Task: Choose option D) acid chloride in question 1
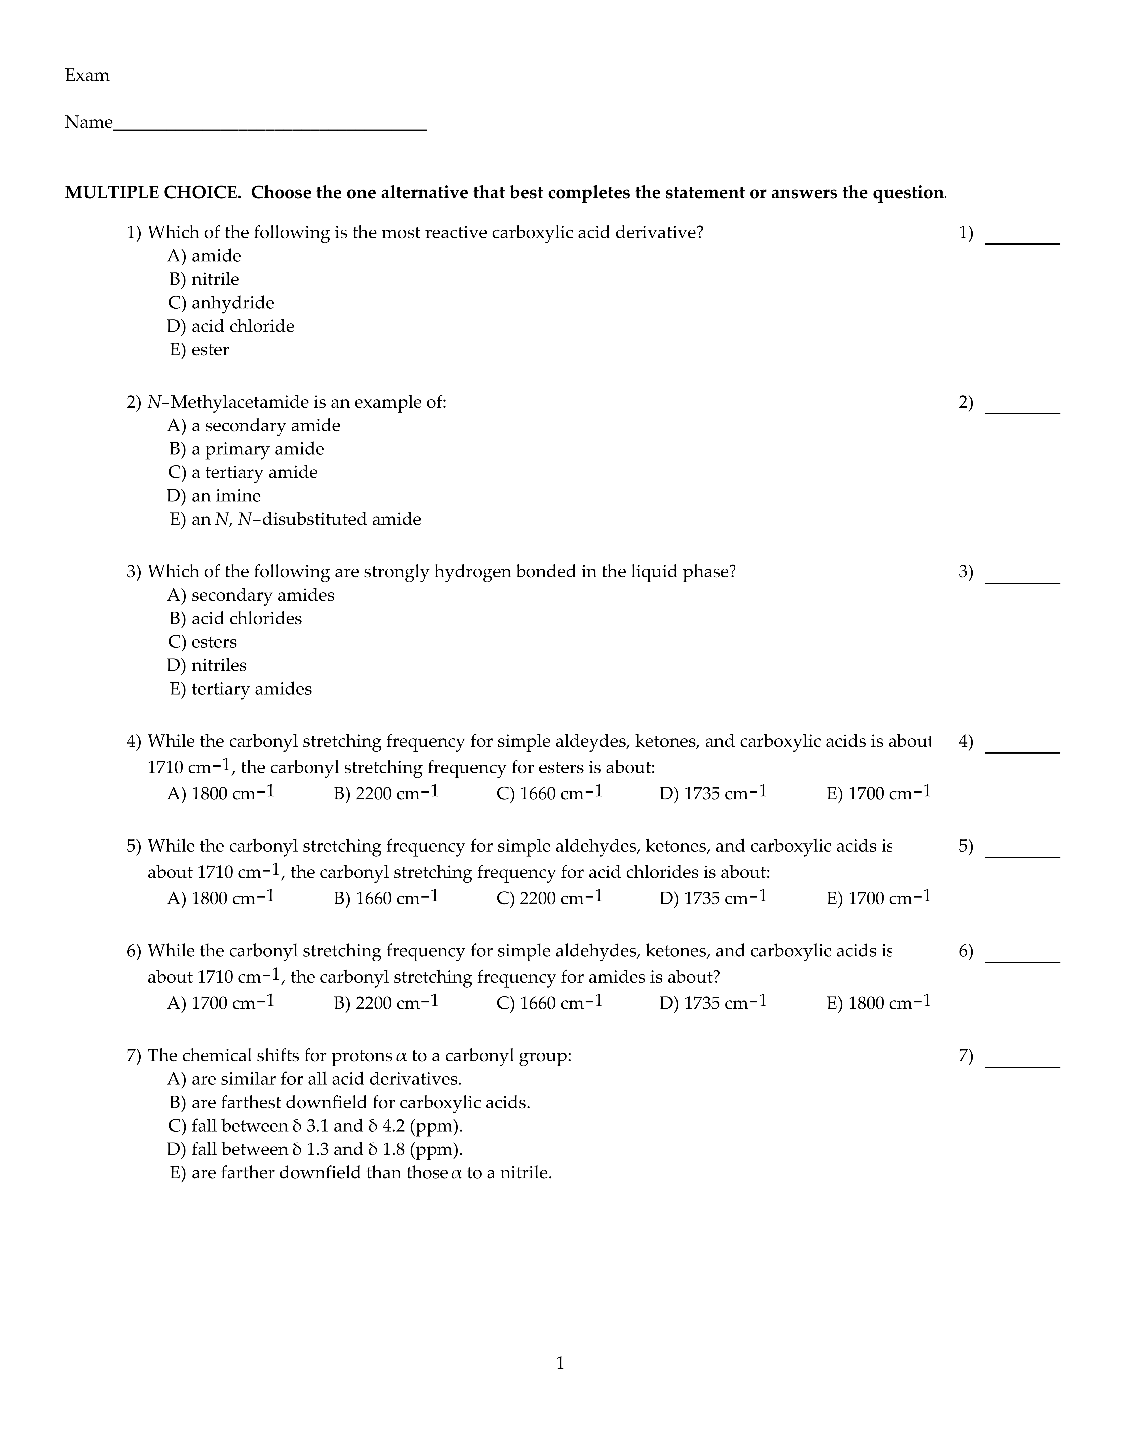pyautogui.click(x=231, y=326)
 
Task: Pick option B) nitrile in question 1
pyautogui.click(x=204, y=279)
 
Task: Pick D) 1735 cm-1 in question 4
pyautogui.click(x=713, y=793)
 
